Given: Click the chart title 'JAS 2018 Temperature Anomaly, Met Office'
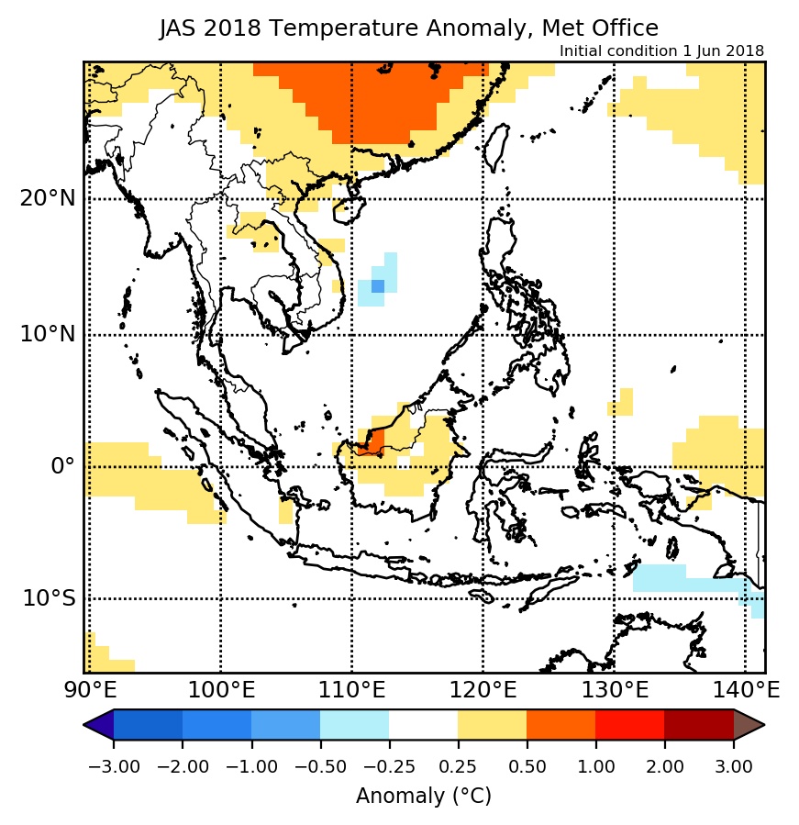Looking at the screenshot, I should pos(408,28).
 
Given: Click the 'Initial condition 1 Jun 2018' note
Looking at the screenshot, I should pos(661,51).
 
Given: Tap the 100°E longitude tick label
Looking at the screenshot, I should pos(221,688).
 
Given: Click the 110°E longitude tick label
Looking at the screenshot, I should pos(352,688).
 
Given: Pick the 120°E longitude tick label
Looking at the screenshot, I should pos(483,688).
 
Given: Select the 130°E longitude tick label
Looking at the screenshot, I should pos(614,688).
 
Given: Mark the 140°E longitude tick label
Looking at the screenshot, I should pos(745,688).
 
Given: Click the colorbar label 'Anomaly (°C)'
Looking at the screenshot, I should pos(424,796).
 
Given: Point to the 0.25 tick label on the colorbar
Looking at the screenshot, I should pos(458,766).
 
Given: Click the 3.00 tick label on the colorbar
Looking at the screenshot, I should pos(733,766).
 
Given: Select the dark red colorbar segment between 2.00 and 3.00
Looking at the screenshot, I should pos(698,725).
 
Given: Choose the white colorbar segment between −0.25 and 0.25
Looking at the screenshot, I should pos(423,725).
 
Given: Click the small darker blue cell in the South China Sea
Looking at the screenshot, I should pos(377,286).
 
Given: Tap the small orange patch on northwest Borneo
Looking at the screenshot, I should pos(372,441).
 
